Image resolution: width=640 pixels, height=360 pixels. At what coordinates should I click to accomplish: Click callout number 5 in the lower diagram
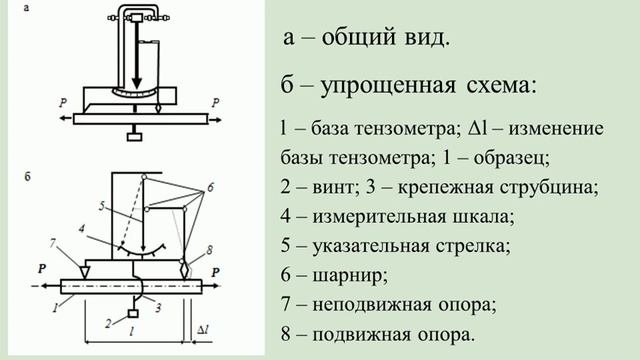pos(102,207)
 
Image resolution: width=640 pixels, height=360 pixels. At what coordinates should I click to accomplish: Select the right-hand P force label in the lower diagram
pos(216,268)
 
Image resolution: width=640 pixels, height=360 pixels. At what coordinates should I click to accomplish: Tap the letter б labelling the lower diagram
pos(27,175)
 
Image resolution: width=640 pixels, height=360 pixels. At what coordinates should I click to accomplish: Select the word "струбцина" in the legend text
pos(550,187)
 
